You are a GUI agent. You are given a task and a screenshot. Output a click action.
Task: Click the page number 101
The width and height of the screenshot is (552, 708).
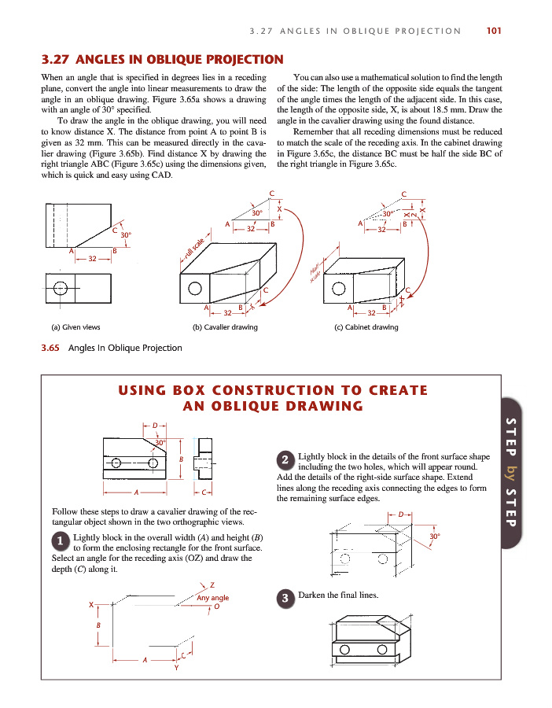494,31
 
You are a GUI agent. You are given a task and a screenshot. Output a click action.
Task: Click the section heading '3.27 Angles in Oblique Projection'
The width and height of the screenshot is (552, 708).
162,59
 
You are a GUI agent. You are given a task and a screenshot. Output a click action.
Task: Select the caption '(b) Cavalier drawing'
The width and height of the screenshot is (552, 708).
225,327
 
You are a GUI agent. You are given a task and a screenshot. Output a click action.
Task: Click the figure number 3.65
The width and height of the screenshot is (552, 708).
52,348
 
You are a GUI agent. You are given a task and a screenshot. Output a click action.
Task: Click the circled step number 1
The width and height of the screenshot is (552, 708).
60,541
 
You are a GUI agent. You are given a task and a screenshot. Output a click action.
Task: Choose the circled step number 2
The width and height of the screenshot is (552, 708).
286,459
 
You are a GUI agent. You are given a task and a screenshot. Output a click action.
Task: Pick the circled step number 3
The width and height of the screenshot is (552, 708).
286,598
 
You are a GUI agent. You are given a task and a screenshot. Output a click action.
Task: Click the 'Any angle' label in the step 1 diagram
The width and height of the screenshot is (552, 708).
212,598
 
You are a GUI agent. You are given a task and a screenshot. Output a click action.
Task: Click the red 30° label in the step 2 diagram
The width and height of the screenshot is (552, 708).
434,537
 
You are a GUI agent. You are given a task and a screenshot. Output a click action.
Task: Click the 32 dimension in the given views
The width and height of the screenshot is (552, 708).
93,259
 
